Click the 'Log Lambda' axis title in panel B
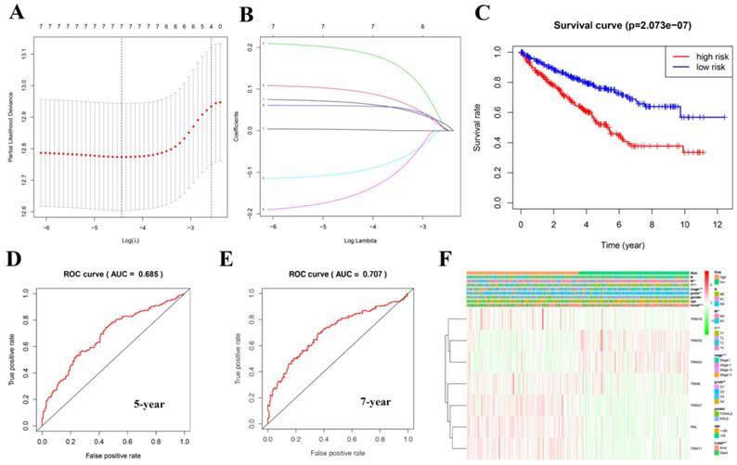(350, 239)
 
